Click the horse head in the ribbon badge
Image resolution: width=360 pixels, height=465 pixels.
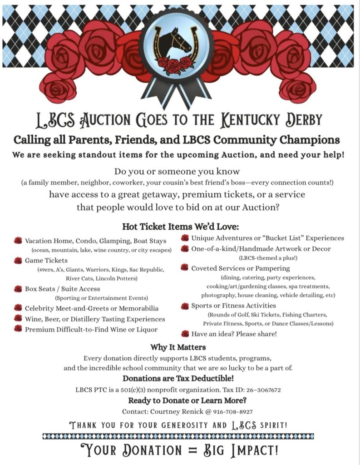175,44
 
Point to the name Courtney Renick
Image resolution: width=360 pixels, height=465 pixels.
175,411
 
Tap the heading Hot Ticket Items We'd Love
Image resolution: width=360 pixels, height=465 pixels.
180,226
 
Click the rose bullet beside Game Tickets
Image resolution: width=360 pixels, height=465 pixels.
18,260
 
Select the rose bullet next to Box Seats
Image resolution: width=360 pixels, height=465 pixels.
18,288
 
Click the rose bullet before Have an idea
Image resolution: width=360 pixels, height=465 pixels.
185,334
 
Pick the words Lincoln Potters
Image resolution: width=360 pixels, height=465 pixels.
118,278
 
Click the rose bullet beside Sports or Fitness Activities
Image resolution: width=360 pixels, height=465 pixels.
185,306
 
